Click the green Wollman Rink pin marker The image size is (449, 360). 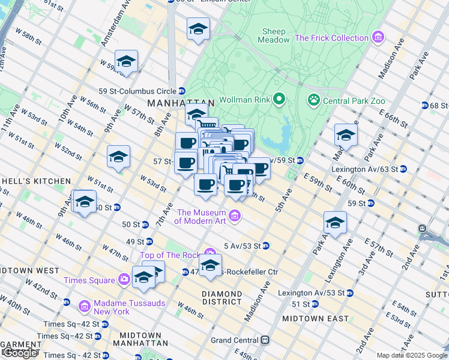tap(279, 99)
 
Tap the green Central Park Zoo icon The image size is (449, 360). tap(313, 99)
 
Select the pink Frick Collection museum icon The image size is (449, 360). tap(378, 38)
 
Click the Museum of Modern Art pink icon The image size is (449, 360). tap(235, 215)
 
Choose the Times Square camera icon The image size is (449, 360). tap(124, 280)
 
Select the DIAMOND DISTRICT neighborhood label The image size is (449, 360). tap(222, 298)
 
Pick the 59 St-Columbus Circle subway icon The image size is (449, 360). tap(181, 91)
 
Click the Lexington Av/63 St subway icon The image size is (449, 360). tap(403, 169)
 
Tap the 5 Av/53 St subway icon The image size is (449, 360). tap(265, 245)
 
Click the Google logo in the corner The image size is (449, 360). tap(20, 353)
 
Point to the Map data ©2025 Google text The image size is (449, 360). tap(412, 355)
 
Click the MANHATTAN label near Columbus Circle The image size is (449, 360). tap(172, 103)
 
